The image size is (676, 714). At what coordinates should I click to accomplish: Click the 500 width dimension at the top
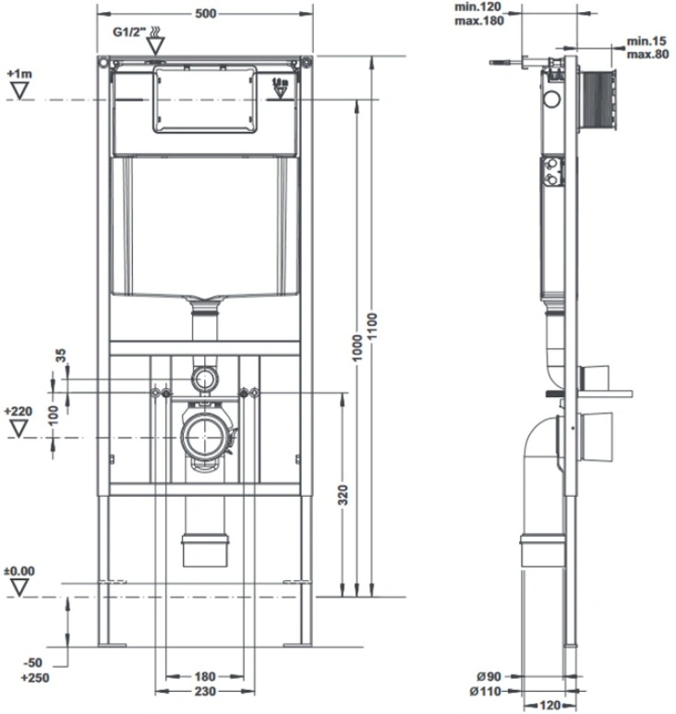point(205,14)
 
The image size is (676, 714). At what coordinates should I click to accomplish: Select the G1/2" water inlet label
point(129,32)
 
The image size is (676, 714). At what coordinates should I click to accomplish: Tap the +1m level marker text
point(19,74)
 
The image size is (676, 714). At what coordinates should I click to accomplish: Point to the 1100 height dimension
point(372,326)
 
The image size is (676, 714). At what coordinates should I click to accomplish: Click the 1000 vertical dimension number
point(357,348)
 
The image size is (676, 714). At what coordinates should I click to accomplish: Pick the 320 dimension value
point(343,495)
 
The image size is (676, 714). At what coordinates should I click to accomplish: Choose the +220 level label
point(18,412)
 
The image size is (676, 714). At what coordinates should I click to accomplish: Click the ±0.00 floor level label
point(19,571)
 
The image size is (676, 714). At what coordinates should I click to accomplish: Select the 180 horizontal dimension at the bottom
point(204,677)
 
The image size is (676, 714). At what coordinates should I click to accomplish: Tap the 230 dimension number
point(205,692)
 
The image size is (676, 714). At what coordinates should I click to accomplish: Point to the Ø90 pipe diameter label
point(489,677)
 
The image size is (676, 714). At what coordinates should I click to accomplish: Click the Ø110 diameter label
point(485,692)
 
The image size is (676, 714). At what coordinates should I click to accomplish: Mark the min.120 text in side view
point(478,7)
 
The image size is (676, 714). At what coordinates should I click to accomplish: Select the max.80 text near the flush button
point(647,54)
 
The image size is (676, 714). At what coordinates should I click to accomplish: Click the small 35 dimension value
point(60,356)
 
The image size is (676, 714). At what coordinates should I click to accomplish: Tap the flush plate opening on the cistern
point(205,99)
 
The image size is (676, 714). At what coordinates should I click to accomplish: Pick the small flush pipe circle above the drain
point(205,379)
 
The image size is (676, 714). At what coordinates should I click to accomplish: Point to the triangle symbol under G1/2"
point(155,46)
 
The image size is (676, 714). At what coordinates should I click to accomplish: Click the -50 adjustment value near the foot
point(31,662)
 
